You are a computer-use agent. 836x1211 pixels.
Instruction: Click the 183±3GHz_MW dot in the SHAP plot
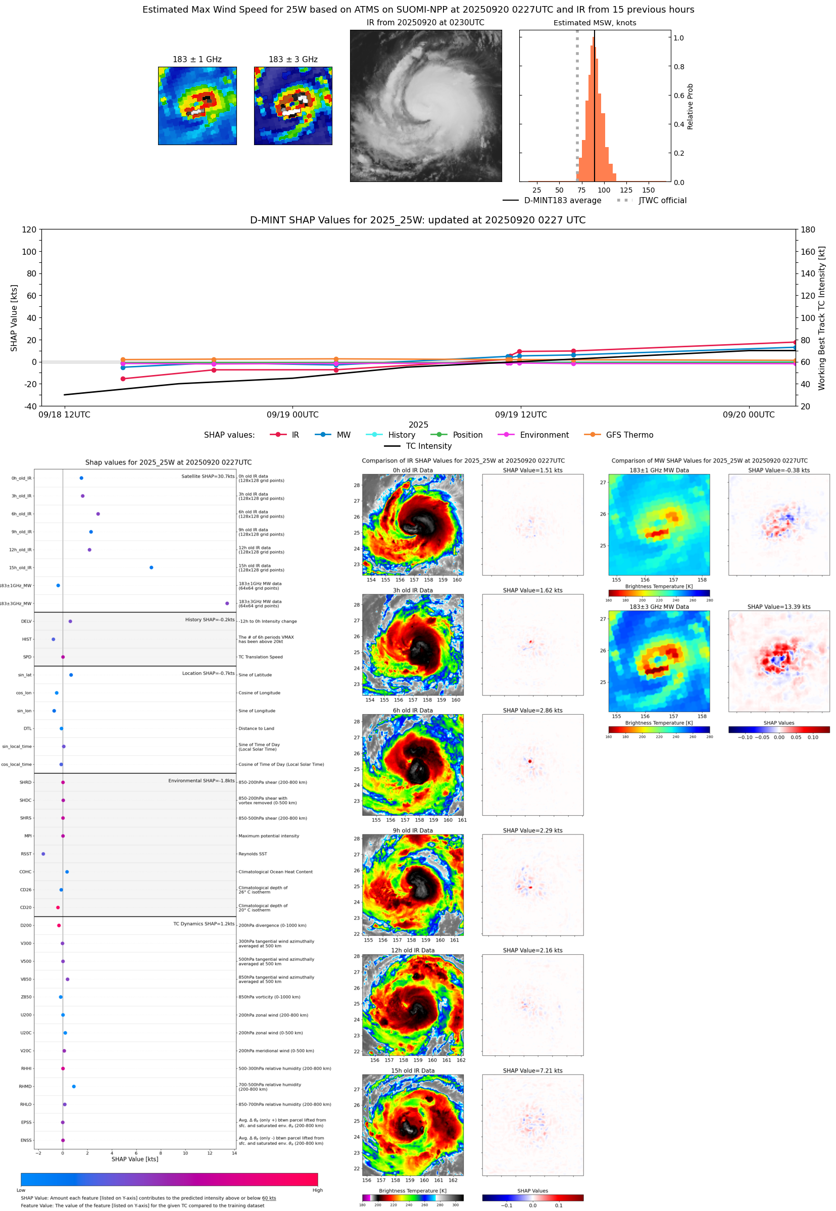coord(227,603)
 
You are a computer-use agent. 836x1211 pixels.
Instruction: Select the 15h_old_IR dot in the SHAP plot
coord(152,568)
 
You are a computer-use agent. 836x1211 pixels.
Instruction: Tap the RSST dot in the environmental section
coord(43,854)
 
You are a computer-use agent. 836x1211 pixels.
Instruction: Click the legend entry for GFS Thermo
coord(629,435)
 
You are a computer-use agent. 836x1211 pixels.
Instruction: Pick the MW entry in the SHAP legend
coord(343,435)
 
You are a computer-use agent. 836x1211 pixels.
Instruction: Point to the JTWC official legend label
coord(662,200)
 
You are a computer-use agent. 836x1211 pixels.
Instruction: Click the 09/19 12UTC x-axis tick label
coord(521,414)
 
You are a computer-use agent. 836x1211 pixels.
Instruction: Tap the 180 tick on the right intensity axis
coord(808,229)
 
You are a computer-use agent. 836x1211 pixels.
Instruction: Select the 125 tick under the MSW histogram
coord(626,190)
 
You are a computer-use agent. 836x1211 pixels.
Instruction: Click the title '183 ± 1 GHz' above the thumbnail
coord(197,59)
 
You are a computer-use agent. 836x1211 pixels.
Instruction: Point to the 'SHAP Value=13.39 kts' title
coord(778,607)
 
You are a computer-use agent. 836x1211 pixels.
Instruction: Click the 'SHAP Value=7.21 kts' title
coord(532,1070)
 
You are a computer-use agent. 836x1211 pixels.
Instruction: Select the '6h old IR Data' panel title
coord(413,711)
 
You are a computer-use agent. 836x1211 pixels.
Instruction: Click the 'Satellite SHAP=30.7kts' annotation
coord(208,476)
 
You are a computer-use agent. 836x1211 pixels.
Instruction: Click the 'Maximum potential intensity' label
coord(269,836)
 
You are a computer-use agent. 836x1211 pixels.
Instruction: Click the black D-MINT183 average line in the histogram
coord(595,105)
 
